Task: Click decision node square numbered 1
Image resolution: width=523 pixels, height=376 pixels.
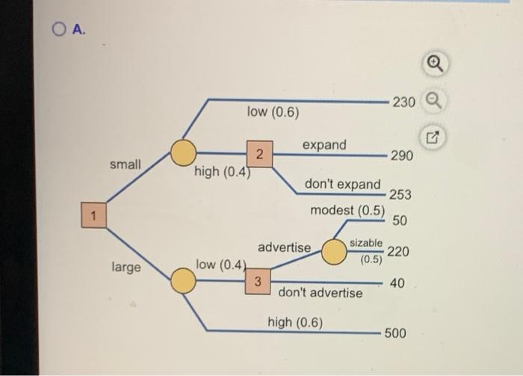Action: [x=93, y=215]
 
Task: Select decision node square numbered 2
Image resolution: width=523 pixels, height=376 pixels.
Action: [x=259, y=154]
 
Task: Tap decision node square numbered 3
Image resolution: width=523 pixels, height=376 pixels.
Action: [x=258, y=281]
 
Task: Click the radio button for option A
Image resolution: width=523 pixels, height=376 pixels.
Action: [x=59, y=29]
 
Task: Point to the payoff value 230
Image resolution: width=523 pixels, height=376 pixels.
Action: [x=404, y=102]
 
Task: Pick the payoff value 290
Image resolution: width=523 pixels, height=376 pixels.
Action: [x=402, y=155]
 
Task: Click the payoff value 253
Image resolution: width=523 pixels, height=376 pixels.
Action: [x=400, y=194]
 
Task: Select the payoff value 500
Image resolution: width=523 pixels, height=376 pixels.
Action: [x=395, y=333]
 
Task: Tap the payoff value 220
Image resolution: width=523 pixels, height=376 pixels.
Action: [x=398, y=251]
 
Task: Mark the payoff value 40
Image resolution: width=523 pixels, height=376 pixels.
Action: [x=397, y=283]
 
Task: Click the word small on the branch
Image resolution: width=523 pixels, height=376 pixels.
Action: [x=126, y=164]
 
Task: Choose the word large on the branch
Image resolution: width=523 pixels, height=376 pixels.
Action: [x=126, y=268]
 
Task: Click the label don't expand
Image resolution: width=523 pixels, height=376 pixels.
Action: [x=342, y=184]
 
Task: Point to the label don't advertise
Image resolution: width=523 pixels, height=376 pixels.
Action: [x=321, y=292]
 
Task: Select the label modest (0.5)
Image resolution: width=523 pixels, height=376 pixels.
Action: [x=347, y=211]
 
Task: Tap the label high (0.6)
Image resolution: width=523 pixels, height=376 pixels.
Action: [x=295, y=323]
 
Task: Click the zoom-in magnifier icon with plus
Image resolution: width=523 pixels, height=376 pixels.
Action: [x=436, y=64]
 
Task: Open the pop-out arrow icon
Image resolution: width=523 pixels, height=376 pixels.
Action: [x=433, y=137]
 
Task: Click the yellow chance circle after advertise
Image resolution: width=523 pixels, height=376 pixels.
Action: [x=334, y=252]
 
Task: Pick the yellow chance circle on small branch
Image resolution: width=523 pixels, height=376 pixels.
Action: [x=183, y=152]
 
